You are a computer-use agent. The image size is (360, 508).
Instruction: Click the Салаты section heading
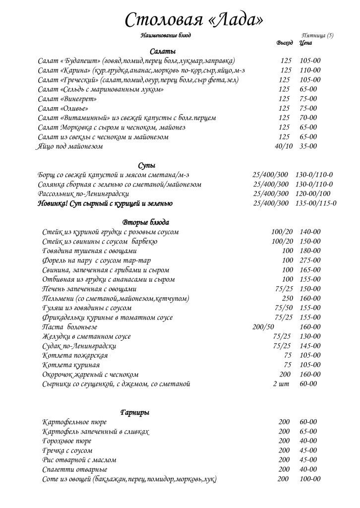(163, 52)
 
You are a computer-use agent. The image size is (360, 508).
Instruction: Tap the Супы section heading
(147, 165)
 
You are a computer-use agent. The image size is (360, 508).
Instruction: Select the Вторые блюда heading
(145, 222)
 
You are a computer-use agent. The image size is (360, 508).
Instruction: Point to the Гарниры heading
(135, 412)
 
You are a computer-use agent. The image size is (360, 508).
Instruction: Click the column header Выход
(284, 43)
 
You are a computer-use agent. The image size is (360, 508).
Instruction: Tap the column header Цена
(305, 43)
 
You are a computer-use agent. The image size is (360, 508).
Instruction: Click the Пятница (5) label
(317, 35)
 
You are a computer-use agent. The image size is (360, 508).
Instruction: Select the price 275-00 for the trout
(310, 260)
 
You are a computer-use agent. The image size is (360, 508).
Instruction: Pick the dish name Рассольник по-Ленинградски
(83, 194)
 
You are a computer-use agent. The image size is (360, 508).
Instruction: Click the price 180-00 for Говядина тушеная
(310, 251)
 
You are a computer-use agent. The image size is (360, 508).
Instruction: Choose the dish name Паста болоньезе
(70, 327)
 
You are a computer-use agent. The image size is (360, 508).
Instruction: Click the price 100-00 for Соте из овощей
(310, 479)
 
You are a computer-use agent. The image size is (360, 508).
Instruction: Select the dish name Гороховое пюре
(67, 441)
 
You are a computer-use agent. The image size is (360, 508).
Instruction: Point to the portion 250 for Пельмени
(287, 299)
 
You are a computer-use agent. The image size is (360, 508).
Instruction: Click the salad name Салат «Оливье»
(62, 109)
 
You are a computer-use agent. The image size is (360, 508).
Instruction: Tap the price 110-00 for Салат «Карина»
(310, 70)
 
